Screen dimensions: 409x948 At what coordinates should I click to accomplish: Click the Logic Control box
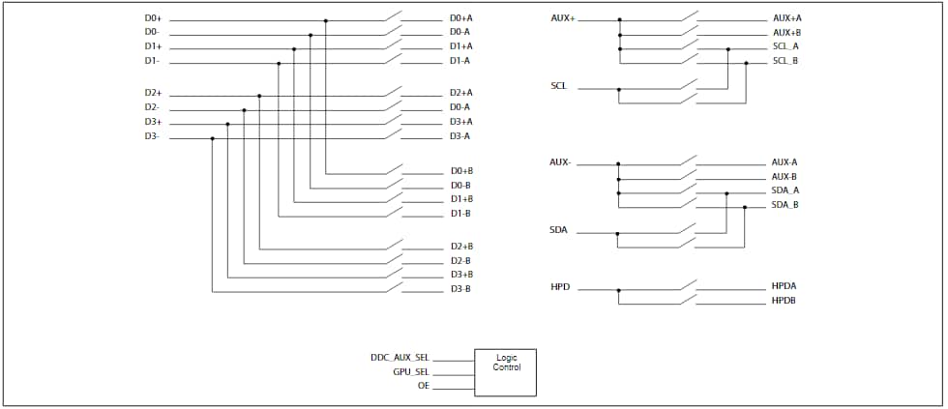tap(504, 372)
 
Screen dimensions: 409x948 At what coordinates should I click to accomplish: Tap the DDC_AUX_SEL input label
tap(400, 358)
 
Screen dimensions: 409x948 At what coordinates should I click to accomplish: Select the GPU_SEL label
tap(410, 372)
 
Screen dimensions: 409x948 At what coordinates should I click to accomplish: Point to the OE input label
tap(423, 387)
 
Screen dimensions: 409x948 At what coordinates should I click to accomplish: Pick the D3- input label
tap(152, 137)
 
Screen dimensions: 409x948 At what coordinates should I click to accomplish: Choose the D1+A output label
tap(460, 46)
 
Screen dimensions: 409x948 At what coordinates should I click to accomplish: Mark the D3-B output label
tap(460, 289)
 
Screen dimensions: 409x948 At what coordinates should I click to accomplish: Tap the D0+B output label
tap(460, 171)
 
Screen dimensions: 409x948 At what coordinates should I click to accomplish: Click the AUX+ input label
tap(562, 18)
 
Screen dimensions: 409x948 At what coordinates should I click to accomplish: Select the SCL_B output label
tap(785, 62)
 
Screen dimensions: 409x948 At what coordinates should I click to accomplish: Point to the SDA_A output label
tap(785, 190)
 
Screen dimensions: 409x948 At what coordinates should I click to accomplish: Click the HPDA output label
tap(784, 287)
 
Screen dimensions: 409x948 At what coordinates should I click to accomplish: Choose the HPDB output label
tap(784, 302)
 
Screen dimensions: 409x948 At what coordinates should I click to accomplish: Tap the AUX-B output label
tap(784, 177)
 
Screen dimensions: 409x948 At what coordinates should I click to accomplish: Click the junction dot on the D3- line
tap(212, 138)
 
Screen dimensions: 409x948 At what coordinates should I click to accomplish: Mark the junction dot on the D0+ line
tap(326, 20)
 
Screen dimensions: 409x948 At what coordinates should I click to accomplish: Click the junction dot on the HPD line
tap(619, 289)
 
